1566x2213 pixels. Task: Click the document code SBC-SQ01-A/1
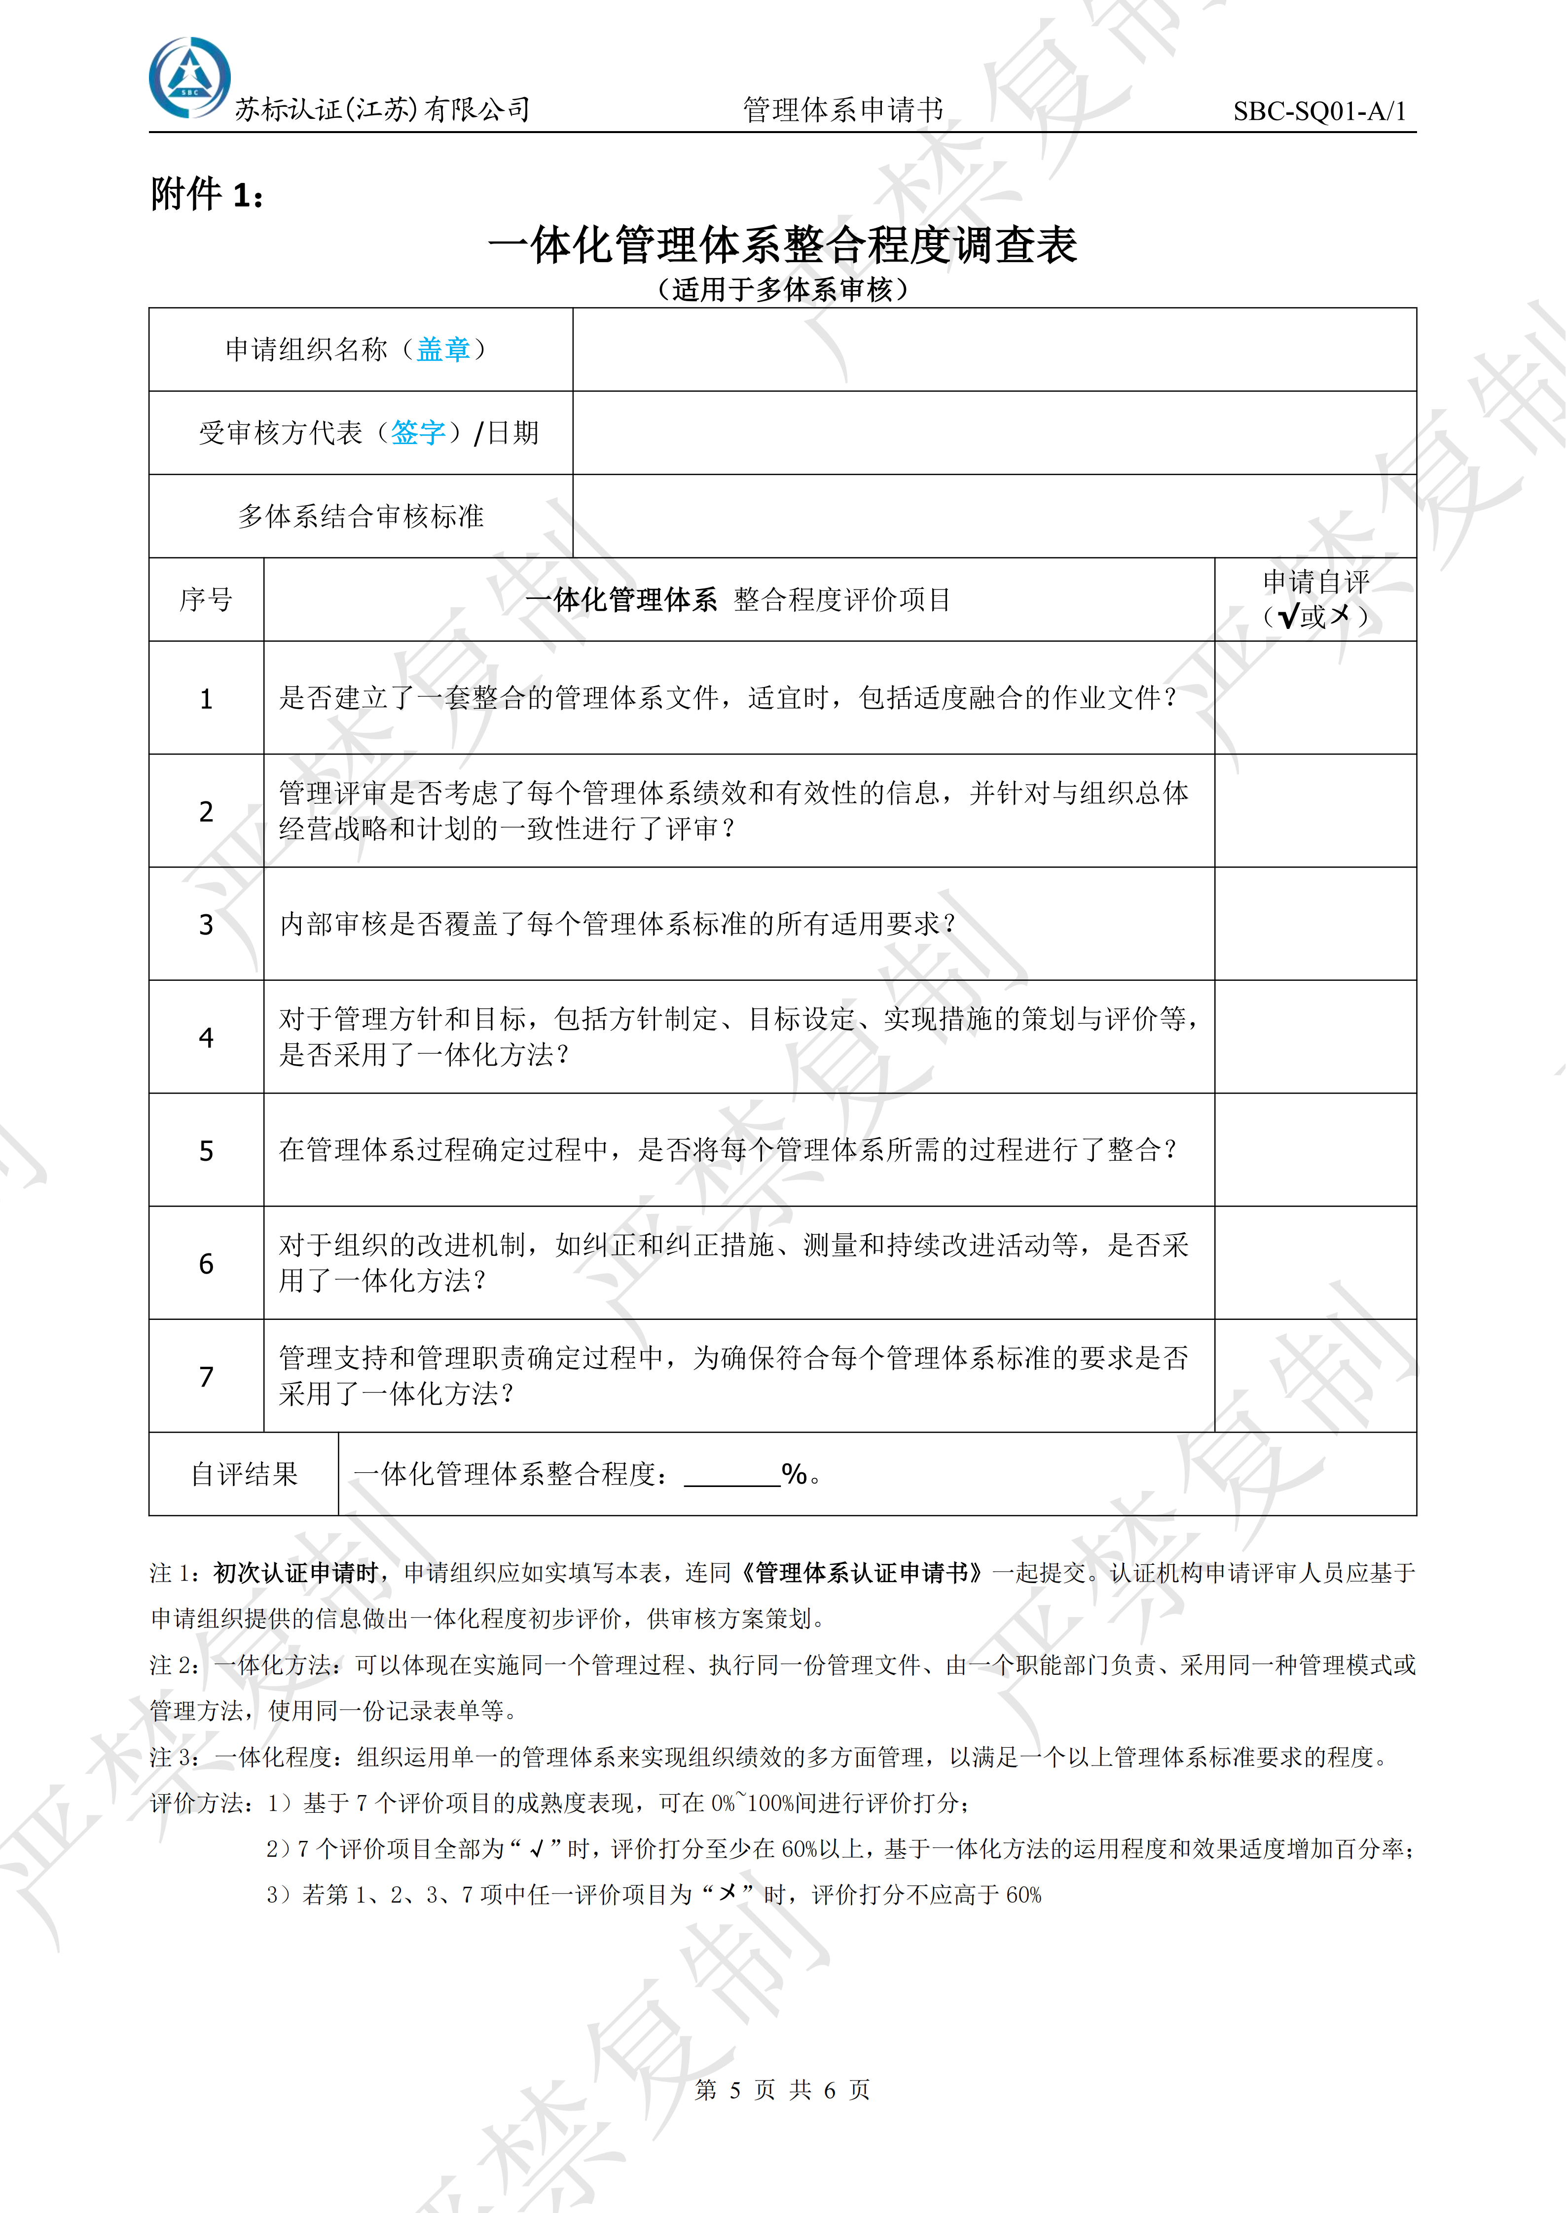point(1319,111)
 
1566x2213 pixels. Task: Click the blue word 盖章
point(443,349)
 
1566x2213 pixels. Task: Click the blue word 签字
point(418,433)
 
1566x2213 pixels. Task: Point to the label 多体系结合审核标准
point(361,516)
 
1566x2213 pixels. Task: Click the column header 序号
point(206,599)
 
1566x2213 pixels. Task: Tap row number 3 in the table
point(206,924)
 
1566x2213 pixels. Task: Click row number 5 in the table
point(206,1150)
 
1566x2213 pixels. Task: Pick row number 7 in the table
point(206,1377)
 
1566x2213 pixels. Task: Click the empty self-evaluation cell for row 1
point(1315,698)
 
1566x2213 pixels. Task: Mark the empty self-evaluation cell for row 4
point(1315,1037)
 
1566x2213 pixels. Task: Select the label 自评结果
point(244,1474)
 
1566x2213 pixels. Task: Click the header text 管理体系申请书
point(843,110)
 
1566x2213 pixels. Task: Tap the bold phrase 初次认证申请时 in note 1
point(296,1573)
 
